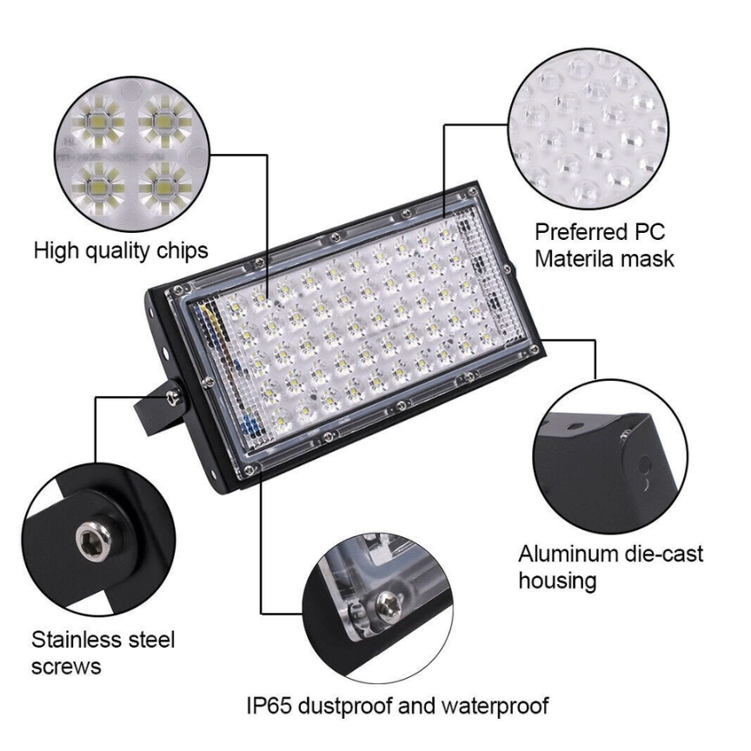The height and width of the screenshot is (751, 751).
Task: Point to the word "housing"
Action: tap(557, 582)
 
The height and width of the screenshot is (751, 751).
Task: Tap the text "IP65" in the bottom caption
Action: tap(269, 706)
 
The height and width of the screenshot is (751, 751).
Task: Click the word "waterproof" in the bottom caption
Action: tap(495, 707)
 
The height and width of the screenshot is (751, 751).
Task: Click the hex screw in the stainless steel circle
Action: tap(94, 541)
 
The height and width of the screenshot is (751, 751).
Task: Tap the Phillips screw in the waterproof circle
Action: tap(389, 604)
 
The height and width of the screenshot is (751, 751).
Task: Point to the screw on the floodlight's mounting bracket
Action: tap(172, 395)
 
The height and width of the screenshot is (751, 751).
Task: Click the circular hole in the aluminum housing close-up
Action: tap(644, 464)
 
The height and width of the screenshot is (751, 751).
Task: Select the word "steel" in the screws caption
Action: tap(151, 640)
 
